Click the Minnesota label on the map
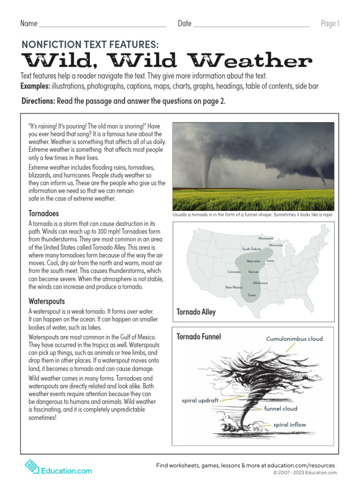click(265, 238)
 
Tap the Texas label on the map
click(252, 295)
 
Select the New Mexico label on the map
click(234, 287)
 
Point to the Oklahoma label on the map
click(260, 283)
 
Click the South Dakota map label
click(252, 249)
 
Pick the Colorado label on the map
click(234, 272)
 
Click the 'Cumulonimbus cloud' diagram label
click(294, 339)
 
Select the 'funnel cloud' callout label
click(281, 408)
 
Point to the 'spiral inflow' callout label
click(290, 425)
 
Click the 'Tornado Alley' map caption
click(196, 312)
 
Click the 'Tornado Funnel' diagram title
click(199, 337)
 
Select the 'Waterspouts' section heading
click(46, 301)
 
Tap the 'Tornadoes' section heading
click(44, 213)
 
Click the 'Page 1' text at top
click(330, 24)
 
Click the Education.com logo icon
click(32, 467)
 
